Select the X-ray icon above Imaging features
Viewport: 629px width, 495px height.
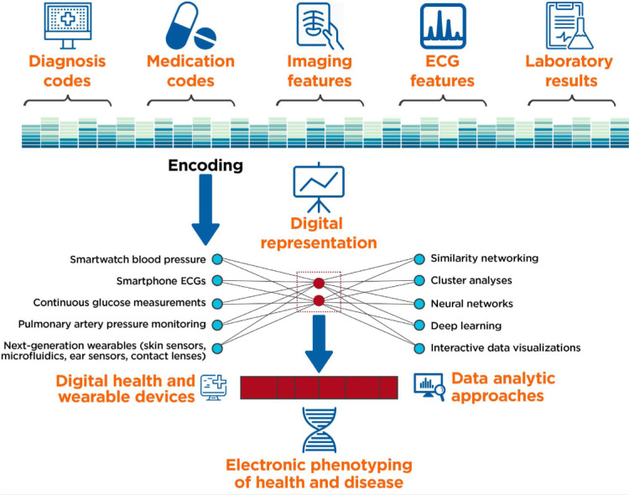click(320, 26)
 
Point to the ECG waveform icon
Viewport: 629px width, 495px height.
click(442, 26)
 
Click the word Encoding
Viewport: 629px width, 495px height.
click(205, 166)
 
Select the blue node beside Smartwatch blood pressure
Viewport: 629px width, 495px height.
click(217, 259)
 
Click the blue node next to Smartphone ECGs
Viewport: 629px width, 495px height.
click(217, 281)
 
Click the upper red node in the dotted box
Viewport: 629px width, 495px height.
click(319, 281)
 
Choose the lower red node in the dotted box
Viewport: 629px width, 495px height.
click(319, 300)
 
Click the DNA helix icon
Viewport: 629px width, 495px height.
click(318, 430)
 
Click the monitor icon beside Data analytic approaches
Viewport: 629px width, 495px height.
click(429, 385)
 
